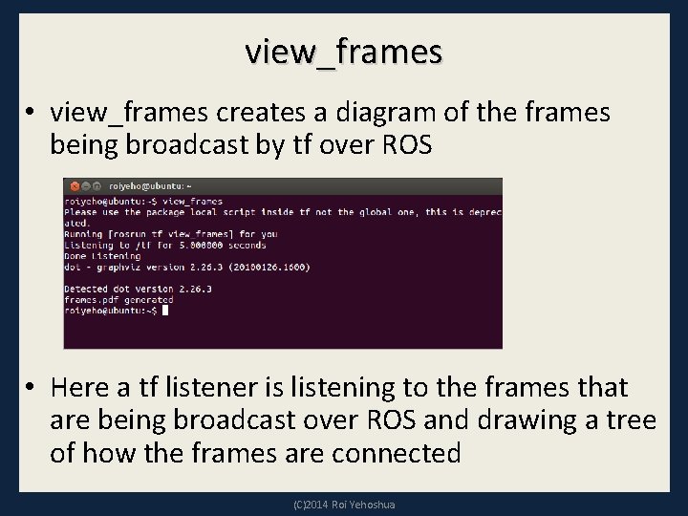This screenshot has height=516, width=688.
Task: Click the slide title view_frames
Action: pyautogui.click(x=343, y=51)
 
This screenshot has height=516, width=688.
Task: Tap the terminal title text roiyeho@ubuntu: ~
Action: pyautogui.click(x=150, y=186)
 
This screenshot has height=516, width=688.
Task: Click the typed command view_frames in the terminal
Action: pyautogui.click(x=192, y=202)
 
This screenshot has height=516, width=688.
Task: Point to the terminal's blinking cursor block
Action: pyautogui.click(x=165, y=310)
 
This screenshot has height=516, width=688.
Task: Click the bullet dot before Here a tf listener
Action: pyautogui.click(x=32, y=388)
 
